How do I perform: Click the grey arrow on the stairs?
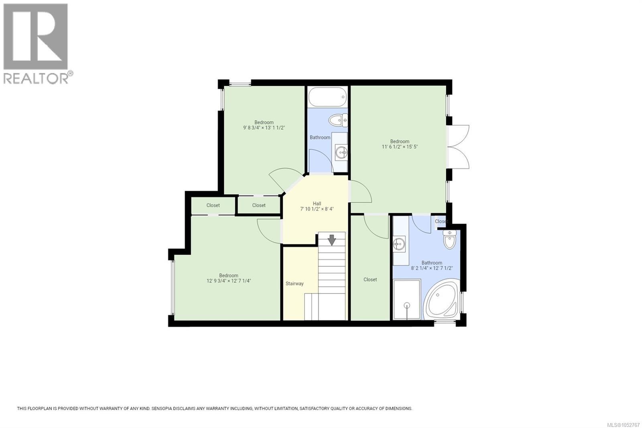click(x=331, y=240)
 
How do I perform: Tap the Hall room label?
click(x=317, y=204)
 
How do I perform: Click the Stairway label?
click(x=295, y=283)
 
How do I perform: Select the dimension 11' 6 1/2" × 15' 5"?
click(x=400, y=147)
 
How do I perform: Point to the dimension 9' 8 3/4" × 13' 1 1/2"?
click(x=264, y=128)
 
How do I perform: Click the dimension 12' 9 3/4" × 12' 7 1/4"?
click(x=229, y=281)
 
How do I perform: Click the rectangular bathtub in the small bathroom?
click(x=327, y=97)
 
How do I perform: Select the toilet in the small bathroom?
click(x=338, y=120)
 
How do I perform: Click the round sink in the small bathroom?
click(x=341, y=152)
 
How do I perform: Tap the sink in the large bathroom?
click(x=399, y=243)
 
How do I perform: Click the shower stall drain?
click(x=407, y=306)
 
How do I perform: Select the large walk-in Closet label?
click(x=370, y=279)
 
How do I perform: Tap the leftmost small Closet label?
click(x=213, y=206)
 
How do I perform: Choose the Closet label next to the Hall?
click(x=258, y=206)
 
